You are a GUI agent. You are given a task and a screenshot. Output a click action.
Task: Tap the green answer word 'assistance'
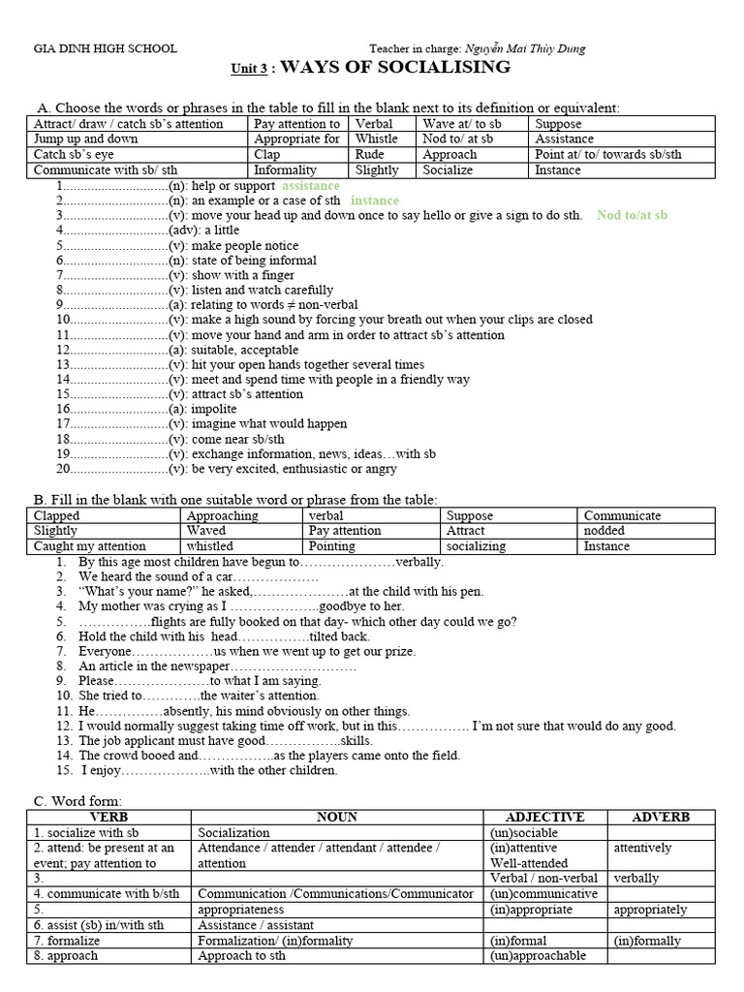click(311, 185)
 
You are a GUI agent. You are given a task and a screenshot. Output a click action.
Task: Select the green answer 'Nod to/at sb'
click(632, 215)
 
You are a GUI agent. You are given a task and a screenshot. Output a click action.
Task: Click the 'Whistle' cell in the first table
click(376, 139)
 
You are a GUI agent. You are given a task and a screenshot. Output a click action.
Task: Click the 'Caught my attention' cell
click(90, 545)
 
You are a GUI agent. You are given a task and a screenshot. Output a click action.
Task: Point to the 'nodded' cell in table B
click(604, 531)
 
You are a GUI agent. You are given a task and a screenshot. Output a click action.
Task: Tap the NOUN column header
click(336, 817)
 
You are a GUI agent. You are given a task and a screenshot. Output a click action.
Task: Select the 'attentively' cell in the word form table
click(642, 848)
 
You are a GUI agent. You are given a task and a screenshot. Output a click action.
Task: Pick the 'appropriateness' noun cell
click(241, 910)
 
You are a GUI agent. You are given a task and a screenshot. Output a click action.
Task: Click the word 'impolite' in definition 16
click(213, 409)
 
